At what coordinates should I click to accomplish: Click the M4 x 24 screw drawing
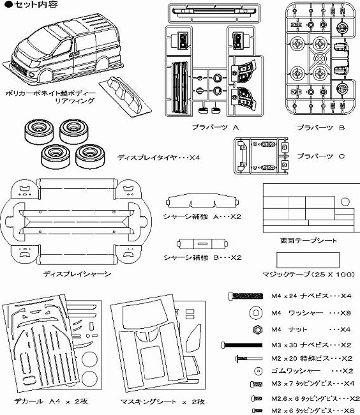pyautogui.click(x=246, y=296)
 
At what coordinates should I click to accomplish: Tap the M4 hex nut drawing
pyautogui.click(x=257, y=329)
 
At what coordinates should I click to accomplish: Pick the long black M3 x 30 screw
pyautogui.click(x=242, y=345)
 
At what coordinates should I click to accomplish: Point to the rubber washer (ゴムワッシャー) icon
pyautogui.click(x=258, y=371)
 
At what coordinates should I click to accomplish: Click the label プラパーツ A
pyautogui.click(x=215, y=127)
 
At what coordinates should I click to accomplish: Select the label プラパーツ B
pyautogui.click(x=320, y=128)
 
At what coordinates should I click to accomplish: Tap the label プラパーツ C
pyautogui.click(x=320, y=156)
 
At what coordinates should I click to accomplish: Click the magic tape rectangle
pyautogui.click(x=308, y=260)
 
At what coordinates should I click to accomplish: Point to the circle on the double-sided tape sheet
pyautogui.click(x=345, y=202)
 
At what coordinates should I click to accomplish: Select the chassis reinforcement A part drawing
pyautogui.click(x=202, y=200)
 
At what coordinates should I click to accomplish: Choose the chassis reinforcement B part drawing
pyautogui.click(x=202, y=244)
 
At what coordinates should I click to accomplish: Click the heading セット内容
pyautogui.click(x=31, y=4)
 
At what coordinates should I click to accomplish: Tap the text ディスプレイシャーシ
pyautogui.click(x=77, y=274)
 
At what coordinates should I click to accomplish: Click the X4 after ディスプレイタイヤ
pyautogui.click(x=195, y=158)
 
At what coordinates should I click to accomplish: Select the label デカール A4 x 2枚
pyautogui.click(x=51, y=401)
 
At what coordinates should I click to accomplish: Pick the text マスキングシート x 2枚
pyautogui.click(x=162, y=402)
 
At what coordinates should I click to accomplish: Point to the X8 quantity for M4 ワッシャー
pyautogui.click(x=345, y=313)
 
